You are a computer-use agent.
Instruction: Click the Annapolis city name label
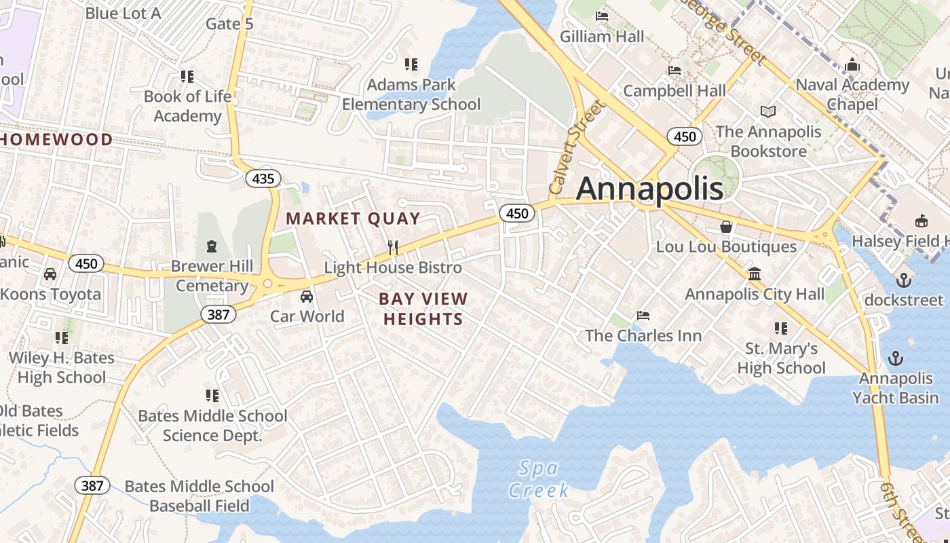(649, 189)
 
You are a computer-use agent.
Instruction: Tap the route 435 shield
(263, 179)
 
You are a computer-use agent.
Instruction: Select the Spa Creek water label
(539, 479)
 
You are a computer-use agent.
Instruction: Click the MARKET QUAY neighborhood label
(353, 219)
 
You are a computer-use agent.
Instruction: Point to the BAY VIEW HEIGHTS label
(423, 309)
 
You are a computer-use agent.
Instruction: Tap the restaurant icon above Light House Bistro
(392, 248)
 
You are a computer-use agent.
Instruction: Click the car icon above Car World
(307, 297)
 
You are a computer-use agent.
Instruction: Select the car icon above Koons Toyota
(50, 274)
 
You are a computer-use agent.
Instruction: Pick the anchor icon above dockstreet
(903, 280)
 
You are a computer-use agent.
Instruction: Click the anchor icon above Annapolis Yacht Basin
(896, 358)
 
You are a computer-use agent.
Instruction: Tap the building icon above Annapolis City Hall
(754, 274)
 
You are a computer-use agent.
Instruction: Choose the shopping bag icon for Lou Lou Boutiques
(726, 227)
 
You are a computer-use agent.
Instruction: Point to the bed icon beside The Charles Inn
(643, 316)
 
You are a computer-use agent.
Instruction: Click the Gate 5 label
(229, 24)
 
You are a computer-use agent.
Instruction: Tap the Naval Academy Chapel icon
(852, 65)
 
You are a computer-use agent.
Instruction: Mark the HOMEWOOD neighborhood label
(57, 140)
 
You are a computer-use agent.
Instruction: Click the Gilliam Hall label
(602, 36)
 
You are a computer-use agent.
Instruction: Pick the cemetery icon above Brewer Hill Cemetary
(212, 246)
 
